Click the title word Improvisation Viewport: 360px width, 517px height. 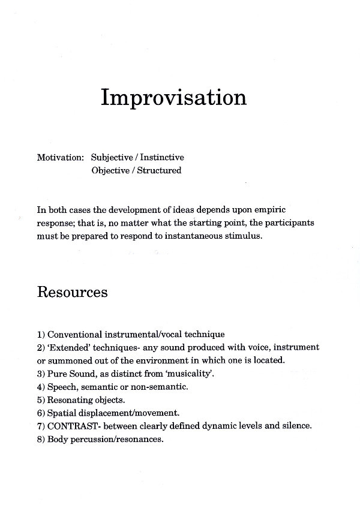(173, 98)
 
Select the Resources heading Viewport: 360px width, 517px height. (73, 292)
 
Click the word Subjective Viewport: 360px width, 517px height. (112, 158)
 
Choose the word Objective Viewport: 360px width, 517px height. (111, 170)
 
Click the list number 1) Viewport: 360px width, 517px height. (41, 334)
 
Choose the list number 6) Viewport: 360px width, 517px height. (41, 413)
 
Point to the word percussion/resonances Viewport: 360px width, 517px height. (115, 439)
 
